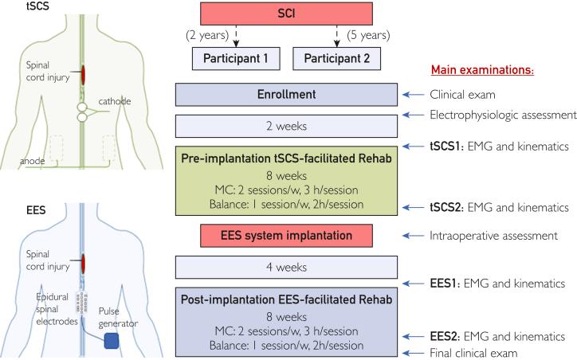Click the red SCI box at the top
pos(285,14)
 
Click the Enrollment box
pos(285,95)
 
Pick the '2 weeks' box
pos(285,126)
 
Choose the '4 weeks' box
pos(285,266)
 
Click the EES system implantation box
pos(285,235)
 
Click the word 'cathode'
pos(115,101)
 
